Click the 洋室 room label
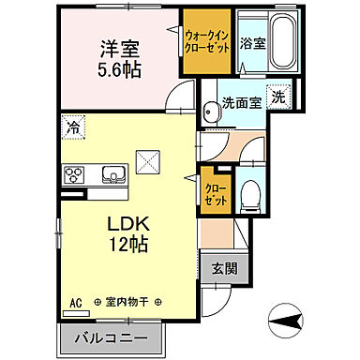click(x=118, y=48)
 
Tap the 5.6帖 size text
click(x=118, y=70)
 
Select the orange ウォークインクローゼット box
click(x=207, y=40)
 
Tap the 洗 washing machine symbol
click(x=278, y=96)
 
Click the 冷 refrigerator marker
click(x=72, y=124)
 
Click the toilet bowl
click(x=249, y=193)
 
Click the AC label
click(x=76, y=304)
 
